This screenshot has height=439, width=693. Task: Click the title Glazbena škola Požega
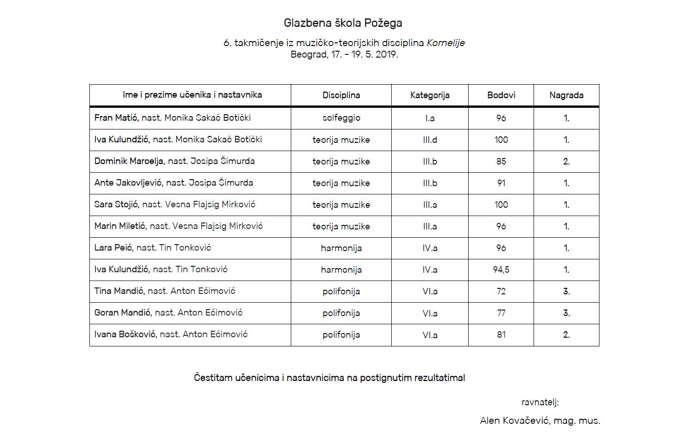(x=343, y=23)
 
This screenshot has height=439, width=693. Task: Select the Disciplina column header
(x=341, y=95)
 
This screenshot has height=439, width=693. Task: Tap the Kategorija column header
(x=429, y=95)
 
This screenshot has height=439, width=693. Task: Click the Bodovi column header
(x=501, y=95)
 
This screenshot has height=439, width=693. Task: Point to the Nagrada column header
(x=566, y=95)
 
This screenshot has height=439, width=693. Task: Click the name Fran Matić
(x=116, y=118)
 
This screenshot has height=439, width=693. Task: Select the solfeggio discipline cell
(x=341, y=118)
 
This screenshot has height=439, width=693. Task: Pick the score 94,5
(x=501, y=269)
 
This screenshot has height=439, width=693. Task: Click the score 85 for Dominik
(x=501, y=161)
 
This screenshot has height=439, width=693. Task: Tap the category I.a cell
(x=429, y=118)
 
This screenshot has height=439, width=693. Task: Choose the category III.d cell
(x=429, y=140)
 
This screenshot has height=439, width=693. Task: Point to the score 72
(x=501, y=291)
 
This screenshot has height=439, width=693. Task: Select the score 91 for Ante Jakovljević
(x=501, y=183)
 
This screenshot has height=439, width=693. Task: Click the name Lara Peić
(x=113, y=248)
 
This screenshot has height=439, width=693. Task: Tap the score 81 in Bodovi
(x=501, y=334)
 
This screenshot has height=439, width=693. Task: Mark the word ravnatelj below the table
(x=540, y=403)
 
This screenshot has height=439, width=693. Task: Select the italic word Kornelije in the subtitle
(x=446, y=43)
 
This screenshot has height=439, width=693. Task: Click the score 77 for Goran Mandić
(x=501, y=313)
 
